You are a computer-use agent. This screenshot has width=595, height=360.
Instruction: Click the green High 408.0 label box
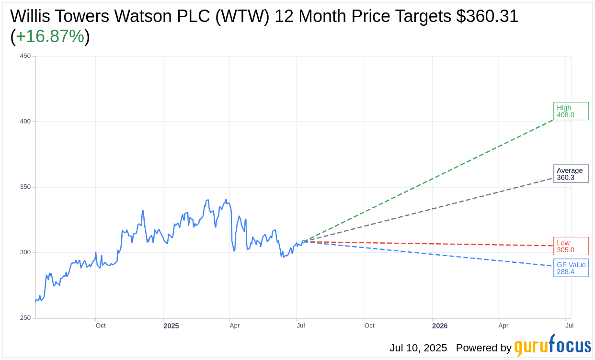571,111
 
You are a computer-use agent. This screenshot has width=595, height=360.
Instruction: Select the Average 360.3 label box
571,174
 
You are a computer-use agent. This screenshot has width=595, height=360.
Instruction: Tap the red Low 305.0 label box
571,246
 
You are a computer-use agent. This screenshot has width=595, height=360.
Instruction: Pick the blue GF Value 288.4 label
571,268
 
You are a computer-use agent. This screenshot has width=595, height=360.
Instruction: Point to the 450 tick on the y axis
25,56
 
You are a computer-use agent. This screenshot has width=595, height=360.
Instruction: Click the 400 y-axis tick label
25,122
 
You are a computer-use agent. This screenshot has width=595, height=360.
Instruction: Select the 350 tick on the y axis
25,187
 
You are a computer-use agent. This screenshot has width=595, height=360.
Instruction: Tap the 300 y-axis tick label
25,252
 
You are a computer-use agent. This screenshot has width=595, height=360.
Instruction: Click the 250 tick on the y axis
25,318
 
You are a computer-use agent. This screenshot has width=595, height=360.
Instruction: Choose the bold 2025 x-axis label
171,326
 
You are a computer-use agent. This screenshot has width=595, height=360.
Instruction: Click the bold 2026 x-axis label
440,326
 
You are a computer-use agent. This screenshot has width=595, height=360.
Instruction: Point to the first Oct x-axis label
101,326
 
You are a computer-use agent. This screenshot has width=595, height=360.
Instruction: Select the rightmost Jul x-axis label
569,326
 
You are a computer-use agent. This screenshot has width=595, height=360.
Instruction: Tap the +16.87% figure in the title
50,37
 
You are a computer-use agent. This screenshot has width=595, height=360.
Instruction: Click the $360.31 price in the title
487,16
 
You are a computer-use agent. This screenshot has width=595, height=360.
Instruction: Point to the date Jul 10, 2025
418,348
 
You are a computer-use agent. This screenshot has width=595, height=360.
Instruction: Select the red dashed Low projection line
431,244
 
